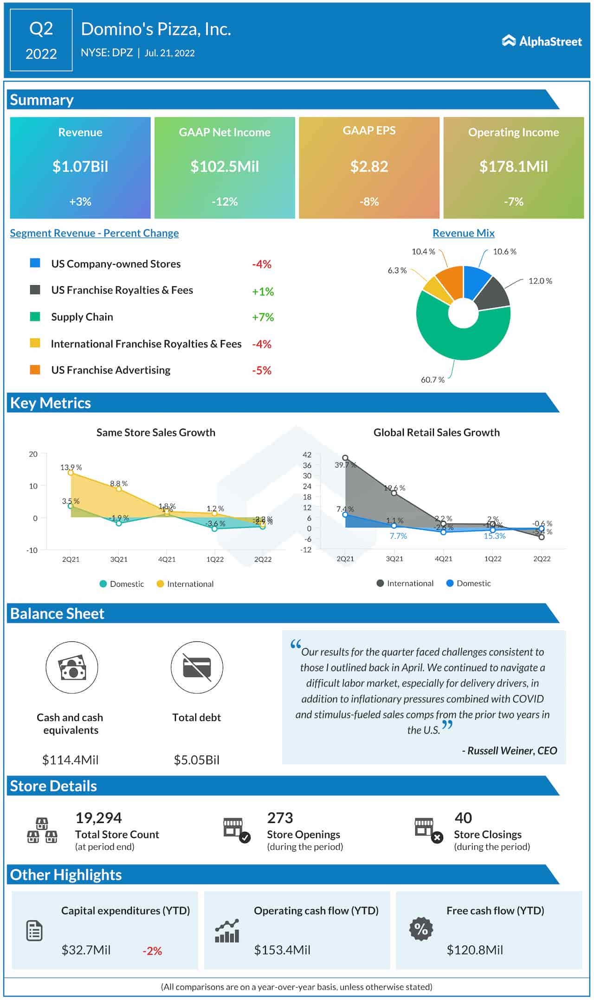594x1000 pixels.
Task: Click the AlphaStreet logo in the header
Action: point(542,41)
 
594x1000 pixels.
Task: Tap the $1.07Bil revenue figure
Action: point(80,167)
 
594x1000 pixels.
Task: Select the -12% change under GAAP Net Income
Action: point(225,202)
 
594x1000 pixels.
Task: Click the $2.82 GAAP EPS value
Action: point(369,167)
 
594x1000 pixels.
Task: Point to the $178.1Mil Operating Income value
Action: point(513,167)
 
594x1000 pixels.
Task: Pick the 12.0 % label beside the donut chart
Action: point(540,281)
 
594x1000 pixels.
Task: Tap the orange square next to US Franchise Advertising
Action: point(35,370)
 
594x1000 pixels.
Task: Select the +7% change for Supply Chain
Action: point(263,317)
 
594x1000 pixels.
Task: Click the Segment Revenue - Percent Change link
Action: point(94,233)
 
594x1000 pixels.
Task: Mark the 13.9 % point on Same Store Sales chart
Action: point(71,473)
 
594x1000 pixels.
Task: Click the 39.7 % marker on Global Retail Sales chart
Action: point(345,458)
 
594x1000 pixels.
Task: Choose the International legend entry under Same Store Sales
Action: point(185,584)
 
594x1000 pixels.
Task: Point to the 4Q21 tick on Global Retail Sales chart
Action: point(443,559)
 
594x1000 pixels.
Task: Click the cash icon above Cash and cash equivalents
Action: point(72,667)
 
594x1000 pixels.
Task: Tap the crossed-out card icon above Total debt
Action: point(197,667)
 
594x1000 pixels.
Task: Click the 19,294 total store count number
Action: point(98,818)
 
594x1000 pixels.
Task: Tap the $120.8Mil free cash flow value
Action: point(474,950)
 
